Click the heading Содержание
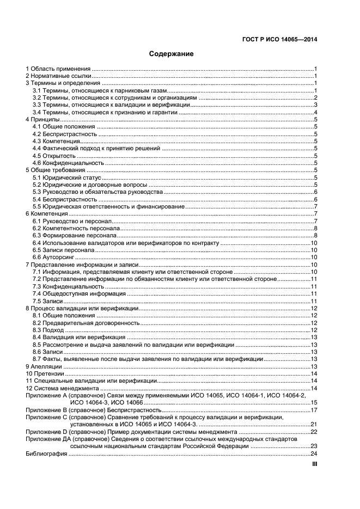[171, 54]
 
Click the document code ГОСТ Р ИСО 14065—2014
[280, 39]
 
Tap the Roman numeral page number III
[314, 464]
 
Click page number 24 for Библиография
[314, 454]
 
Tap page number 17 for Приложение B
[314, 409]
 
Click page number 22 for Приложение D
[314, 432]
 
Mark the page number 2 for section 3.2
[315, 97]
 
